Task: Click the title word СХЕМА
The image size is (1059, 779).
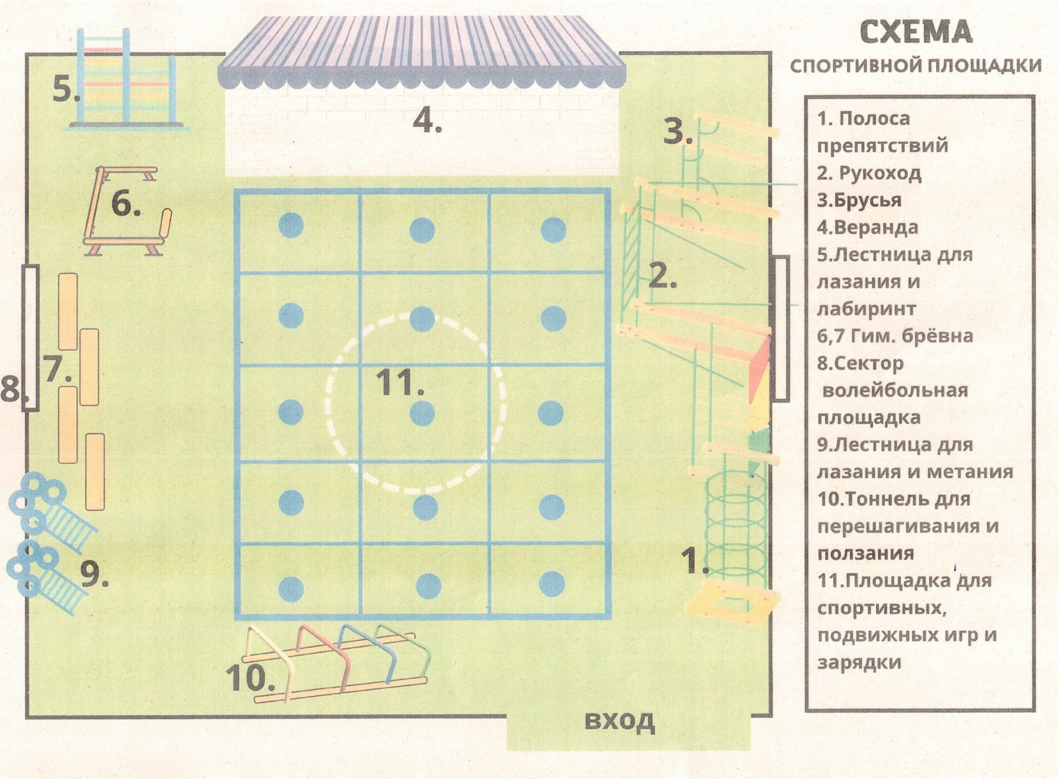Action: pyautogui.click(x=916, y=32)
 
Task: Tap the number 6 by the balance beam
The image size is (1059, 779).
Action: pyautogui.click(x=126, y=205)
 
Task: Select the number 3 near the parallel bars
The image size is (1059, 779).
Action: pyautogui.click(x=678, y=132)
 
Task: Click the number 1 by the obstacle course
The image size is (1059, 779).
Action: pyautogui.click(x=695, y=561)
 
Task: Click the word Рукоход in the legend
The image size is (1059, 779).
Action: pyautogui.click(x=880, y=174)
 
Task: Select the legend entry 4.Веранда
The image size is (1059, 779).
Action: pyautogui.click(x=868, y=228)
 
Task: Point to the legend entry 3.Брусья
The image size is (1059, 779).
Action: pyautogui.click(x=859, y=201)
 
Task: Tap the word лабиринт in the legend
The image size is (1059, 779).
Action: pyautogui.click(x=866, y=309)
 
